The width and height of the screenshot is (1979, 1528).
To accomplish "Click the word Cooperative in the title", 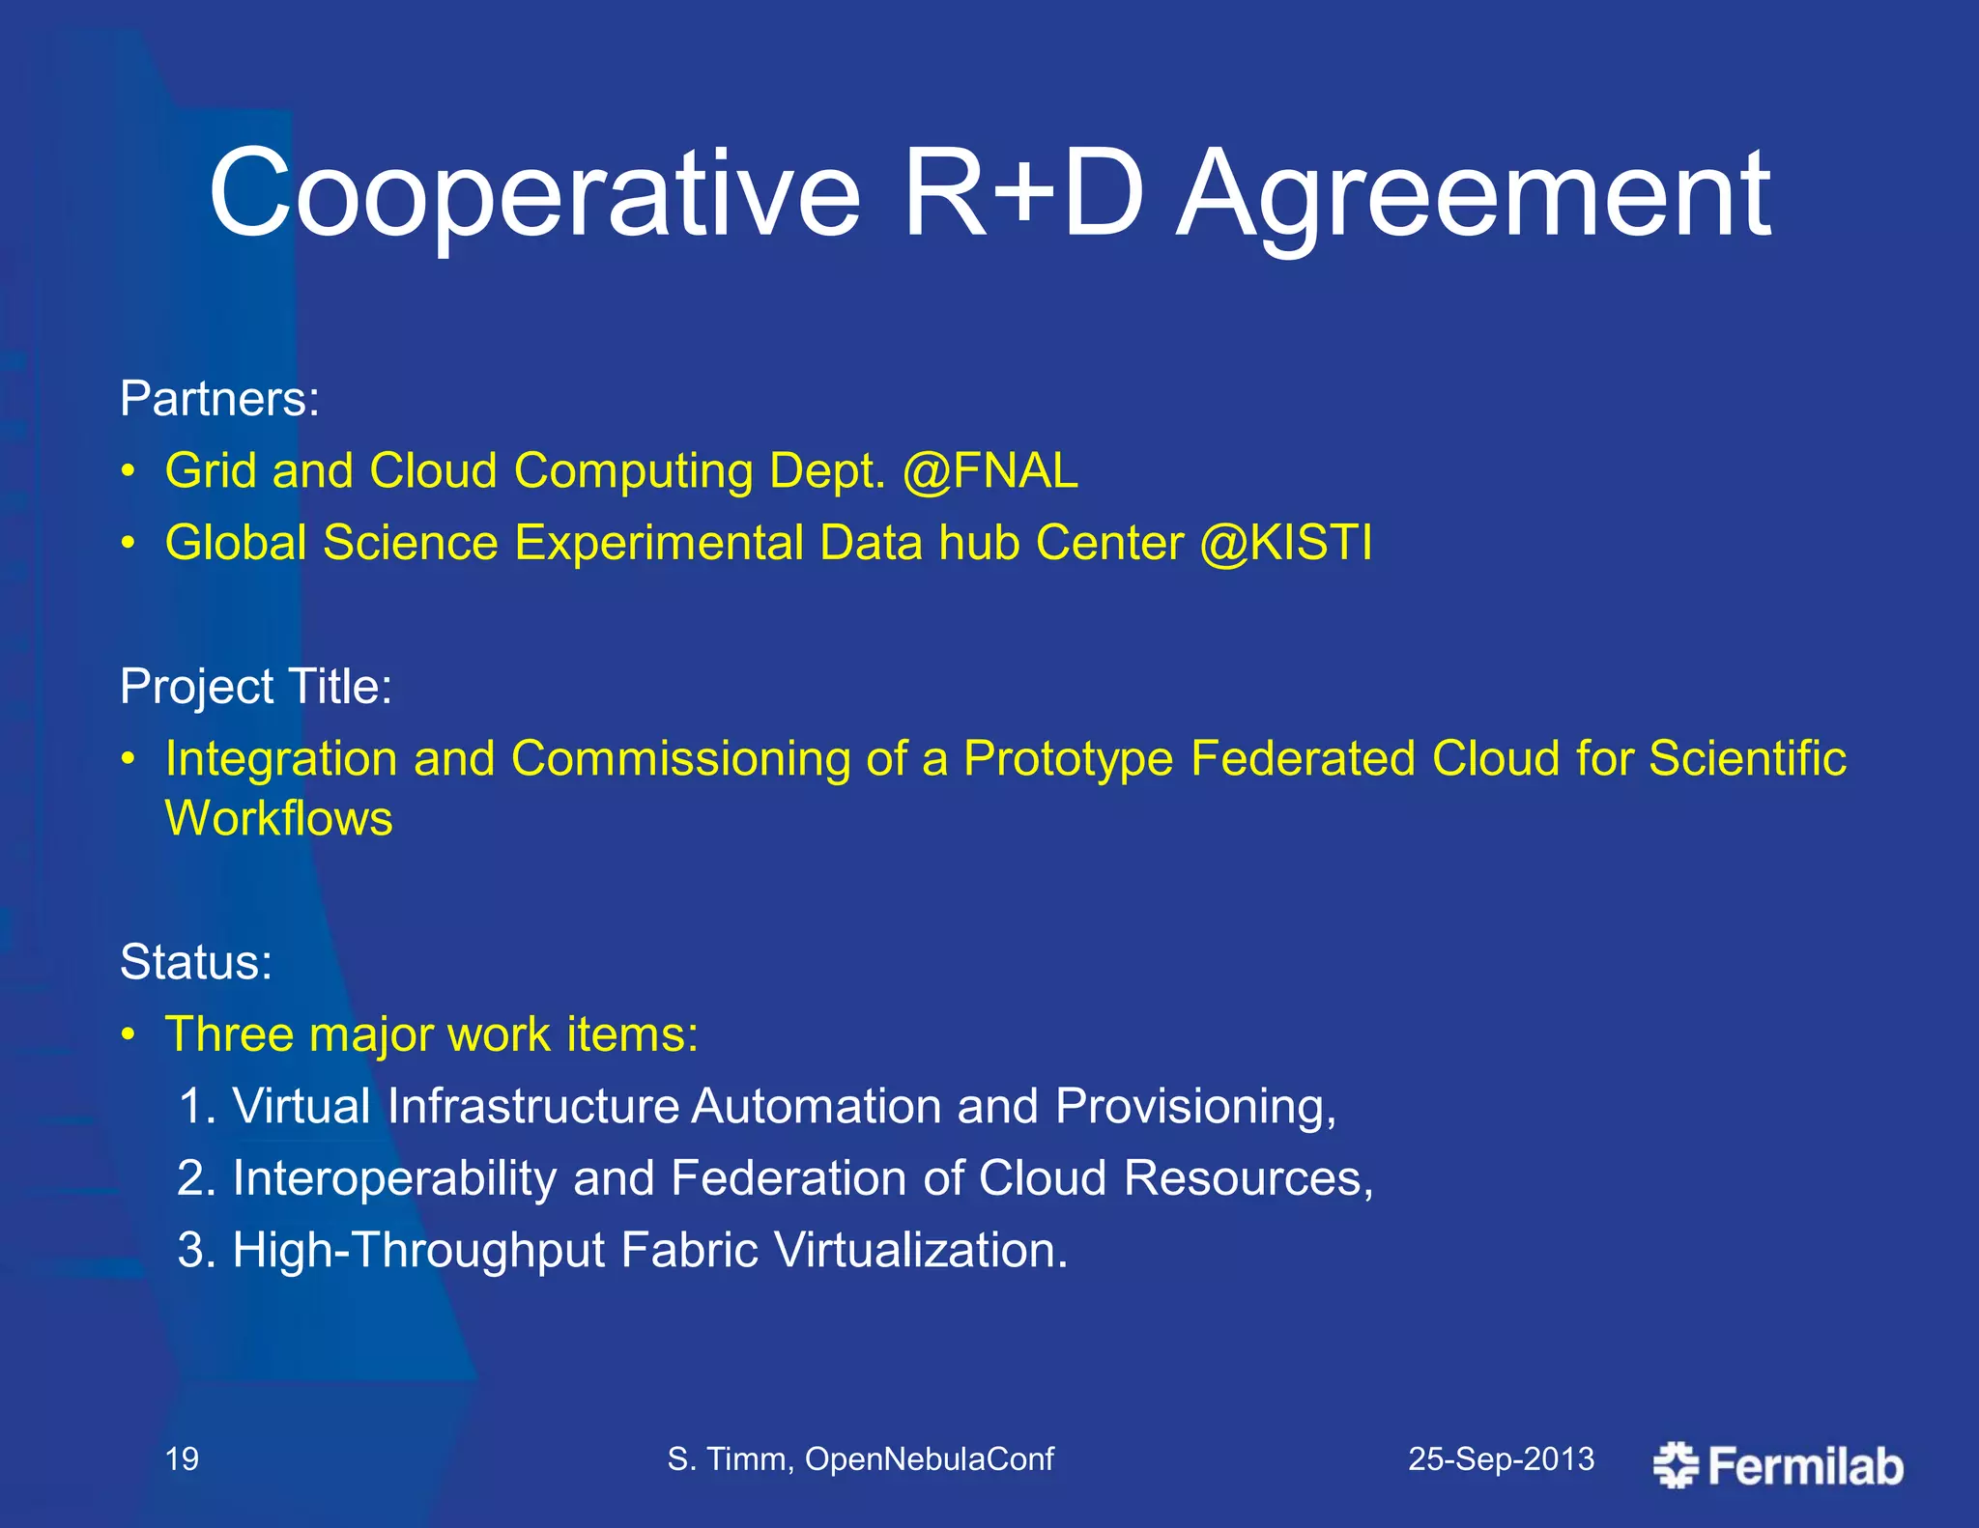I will [x=534, y=193].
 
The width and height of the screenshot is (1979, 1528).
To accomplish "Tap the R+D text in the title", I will [x=1023, y=193].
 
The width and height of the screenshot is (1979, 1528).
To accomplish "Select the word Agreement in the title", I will [x=1474, y=198].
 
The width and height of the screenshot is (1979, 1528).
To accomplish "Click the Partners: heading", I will [x=219, y=399].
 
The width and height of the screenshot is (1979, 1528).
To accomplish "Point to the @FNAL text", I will [x=990, y=472].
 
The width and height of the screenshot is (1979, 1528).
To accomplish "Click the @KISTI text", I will [x=1285, y=543].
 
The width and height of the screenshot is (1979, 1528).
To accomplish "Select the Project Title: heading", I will [x=256, y=688].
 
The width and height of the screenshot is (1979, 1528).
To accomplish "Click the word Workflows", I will [x=279, y=819].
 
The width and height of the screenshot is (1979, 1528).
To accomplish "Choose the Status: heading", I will [x=196, y=963].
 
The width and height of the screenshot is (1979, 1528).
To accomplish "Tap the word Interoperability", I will [x=394, y=1179].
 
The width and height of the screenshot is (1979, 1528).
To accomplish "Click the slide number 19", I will [x=182, y=1458].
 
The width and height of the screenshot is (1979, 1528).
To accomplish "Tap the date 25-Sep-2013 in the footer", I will [x=1501, y=1458].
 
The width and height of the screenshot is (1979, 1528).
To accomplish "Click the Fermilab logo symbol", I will [x=1675, y=1465].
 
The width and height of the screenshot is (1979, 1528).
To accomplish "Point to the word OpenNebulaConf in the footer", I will [x=929, y=1458].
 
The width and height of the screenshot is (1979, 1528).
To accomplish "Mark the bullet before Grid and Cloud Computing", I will [x=129, y=472].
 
